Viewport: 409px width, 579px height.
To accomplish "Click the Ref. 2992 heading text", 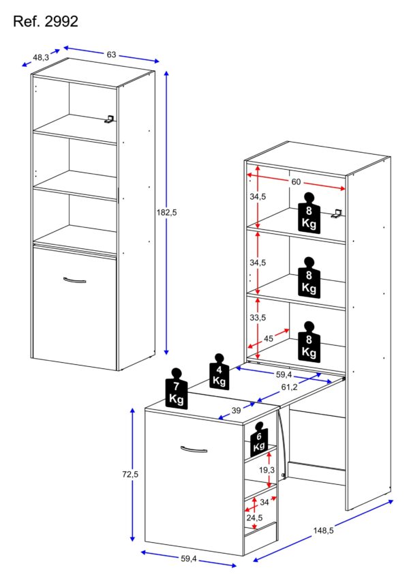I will point(46,22).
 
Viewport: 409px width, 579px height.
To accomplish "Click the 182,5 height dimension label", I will point(166,213).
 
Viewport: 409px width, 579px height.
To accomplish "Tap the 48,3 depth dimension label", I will point(41,58).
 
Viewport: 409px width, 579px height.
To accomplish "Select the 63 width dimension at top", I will point(110,54).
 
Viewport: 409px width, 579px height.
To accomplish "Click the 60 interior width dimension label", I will point(296,182).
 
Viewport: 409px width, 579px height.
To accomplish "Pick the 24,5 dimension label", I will point(254,518).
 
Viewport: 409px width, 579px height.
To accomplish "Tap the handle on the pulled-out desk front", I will point(194,448).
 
